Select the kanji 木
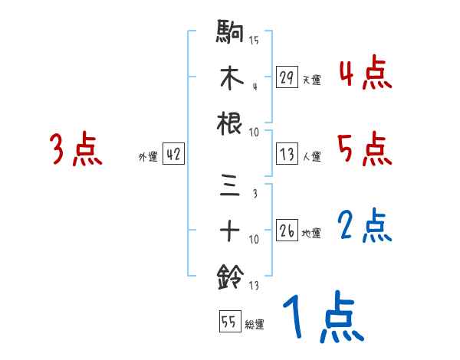pos(230,77)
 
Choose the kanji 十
pos(230,231)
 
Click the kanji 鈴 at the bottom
pos(230,276)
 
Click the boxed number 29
pos(287,77)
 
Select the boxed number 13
pos(287,155)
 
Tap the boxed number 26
pos(287,231)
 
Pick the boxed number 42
pos(173,154)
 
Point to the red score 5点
pos(365,149)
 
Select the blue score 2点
pos(365,226)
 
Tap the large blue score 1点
pos(322,319)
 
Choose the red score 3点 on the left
pos(76,149)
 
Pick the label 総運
pos(255,325)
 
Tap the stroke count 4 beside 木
pos(254,85)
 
